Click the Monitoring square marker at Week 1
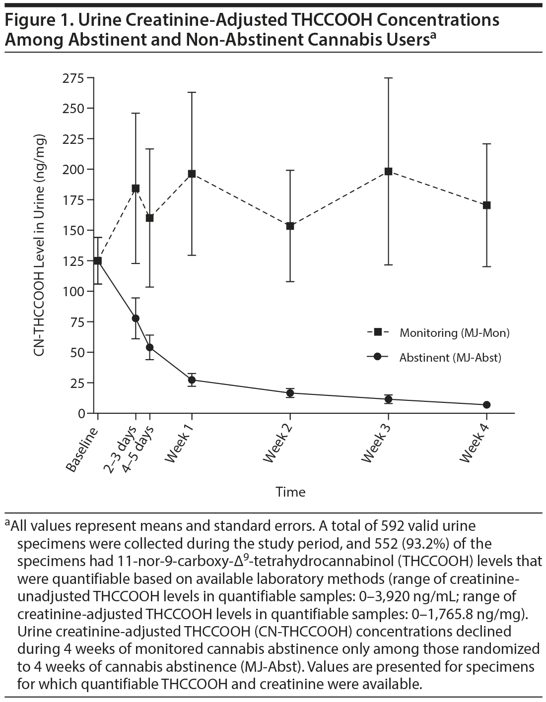point(192,174)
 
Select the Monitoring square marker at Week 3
point(389,172)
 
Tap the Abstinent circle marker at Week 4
point(486,405)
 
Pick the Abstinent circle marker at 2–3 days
point(136,318)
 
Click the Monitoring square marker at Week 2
point(290,226)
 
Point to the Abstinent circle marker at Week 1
point(192,380)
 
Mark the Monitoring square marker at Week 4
point(486,205)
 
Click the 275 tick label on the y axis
point(73,78)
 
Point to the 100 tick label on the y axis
point(73,291)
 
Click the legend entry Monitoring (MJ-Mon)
point(454,333)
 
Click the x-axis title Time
point(290,492)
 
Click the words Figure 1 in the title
point(36,20)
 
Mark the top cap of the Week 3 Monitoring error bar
point(389,78)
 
